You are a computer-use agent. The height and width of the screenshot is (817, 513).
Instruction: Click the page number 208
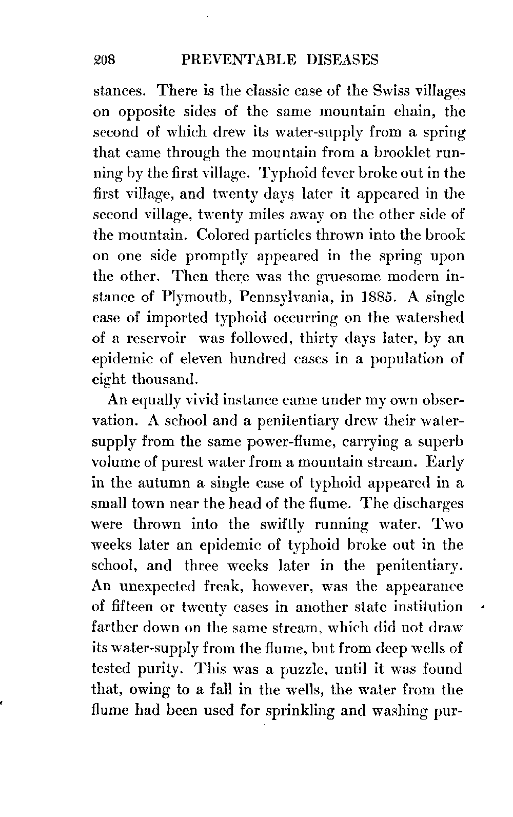(106, 61)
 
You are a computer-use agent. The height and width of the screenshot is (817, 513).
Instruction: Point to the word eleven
(214, 359)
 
